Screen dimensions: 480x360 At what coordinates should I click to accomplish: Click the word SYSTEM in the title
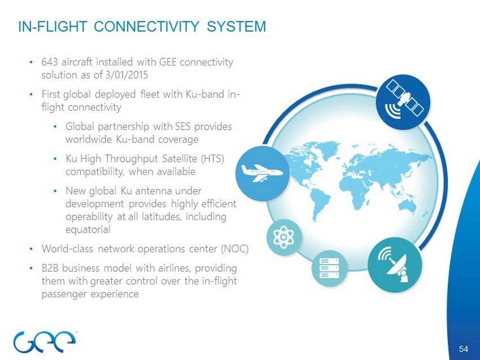coord(236,27)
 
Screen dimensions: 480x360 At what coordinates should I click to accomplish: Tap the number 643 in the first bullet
coord(50,62)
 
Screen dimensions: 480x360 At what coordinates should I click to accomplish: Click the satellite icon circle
coord(403,102)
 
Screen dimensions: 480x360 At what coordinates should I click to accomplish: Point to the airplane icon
coord(262,173)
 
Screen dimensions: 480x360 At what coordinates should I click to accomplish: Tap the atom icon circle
coord(284,237)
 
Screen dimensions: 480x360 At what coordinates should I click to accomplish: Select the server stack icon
coord(329,268)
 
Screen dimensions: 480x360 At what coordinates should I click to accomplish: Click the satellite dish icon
coord(395,265)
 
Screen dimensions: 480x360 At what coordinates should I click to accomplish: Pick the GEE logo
coord(45,341)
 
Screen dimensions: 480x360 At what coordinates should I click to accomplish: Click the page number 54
coord(464,349)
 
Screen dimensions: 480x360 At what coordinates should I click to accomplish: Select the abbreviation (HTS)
coord(212,159)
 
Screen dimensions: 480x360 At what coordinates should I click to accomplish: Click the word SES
coord(184,126)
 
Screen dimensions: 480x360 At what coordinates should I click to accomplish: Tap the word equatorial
coord(88,230)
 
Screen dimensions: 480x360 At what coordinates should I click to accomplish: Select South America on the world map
coord(319,203)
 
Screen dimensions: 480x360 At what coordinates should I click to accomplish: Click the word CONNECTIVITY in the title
coord(146,27)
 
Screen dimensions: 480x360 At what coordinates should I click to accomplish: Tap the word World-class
coord(67,249)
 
